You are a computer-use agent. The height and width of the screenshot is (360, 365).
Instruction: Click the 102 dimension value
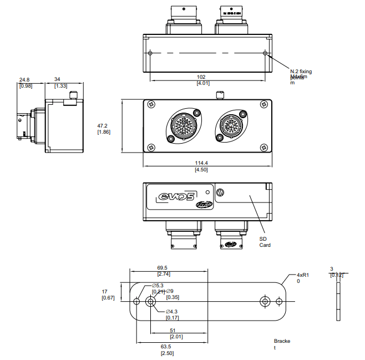[x=202, y=77]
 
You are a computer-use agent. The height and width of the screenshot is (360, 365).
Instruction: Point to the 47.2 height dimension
[x=103, y=125]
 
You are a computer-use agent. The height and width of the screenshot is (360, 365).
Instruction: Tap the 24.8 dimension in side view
[x=25, y=79]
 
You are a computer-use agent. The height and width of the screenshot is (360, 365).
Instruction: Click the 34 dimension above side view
[x=58, y=79]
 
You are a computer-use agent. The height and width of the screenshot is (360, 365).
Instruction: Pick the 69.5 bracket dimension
[x=163, y=268]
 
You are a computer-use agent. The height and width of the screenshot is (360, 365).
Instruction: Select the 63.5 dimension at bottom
[x=166, y=347]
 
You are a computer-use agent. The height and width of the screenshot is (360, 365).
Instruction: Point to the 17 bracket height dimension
[x=104, y=291]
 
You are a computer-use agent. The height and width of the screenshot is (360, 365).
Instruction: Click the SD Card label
[x=265, y=241]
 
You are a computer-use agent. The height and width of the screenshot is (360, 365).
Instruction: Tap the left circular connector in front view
[x=181, y=127]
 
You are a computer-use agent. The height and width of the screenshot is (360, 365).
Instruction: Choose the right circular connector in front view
[x=229, y=127]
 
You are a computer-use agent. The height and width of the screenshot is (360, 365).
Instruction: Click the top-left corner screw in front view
[x=151, y=103]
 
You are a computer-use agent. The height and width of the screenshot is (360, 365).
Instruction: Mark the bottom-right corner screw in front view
[x=263, y=147]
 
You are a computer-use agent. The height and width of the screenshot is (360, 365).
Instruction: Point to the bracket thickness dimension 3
[x=332, y=268]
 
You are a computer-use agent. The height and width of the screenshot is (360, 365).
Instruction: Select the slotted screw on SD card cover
[x=221, y=192]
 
